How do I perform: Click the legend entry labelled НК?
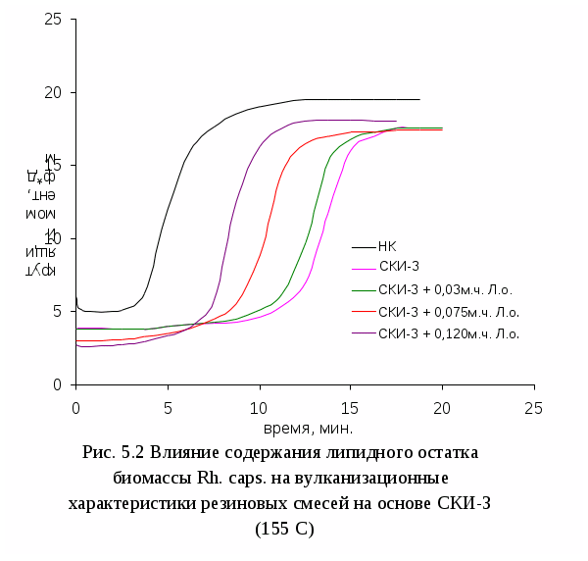pos(387,246)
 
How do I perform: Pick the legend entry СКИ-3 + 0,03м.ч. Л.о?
pos(445,290)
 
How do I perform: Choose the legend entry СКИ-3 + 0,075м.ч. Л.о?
pos(448,312)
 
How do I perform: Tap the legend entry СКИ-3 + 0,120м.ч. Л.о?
pos(448,333)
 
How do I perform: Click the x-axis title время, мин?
pos(307,428)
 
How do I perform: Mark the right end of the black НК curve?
pos(419,99)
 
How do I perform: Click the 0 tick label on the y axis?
pos(59,384)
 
